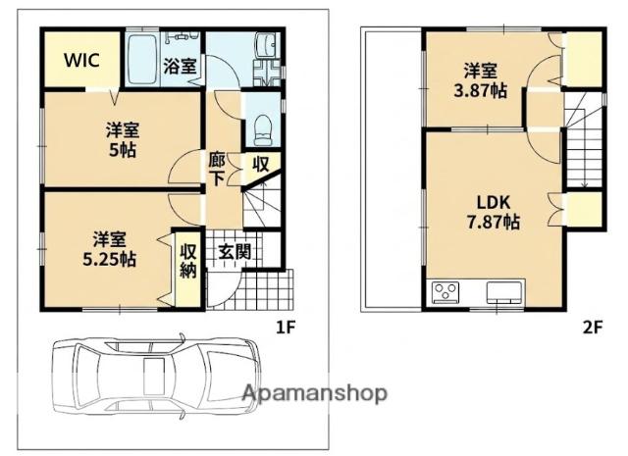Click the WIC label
[82, 60]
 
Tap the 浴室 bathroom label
[180, 67]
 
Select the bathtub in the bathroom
[141, 59]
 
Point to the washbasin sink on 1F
[267, 45]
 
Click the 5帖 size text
[123, 151]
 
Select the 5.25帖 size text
[109, 260]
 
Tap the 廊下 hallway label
[217, 170]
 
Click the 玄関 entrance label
[235, 252]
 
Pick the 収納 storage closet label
[188, 261]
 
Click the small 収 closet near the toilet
[261, 164]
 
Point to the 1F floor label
[286, 328]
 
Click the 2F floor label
[593, 328]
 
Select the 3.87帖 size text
[480, 91]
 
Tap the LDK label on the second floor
[494, 203]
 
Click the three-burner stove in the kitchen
[445, 291]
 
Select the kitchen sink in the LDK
[504, 291]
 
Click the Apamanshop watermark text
[315, 393]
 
